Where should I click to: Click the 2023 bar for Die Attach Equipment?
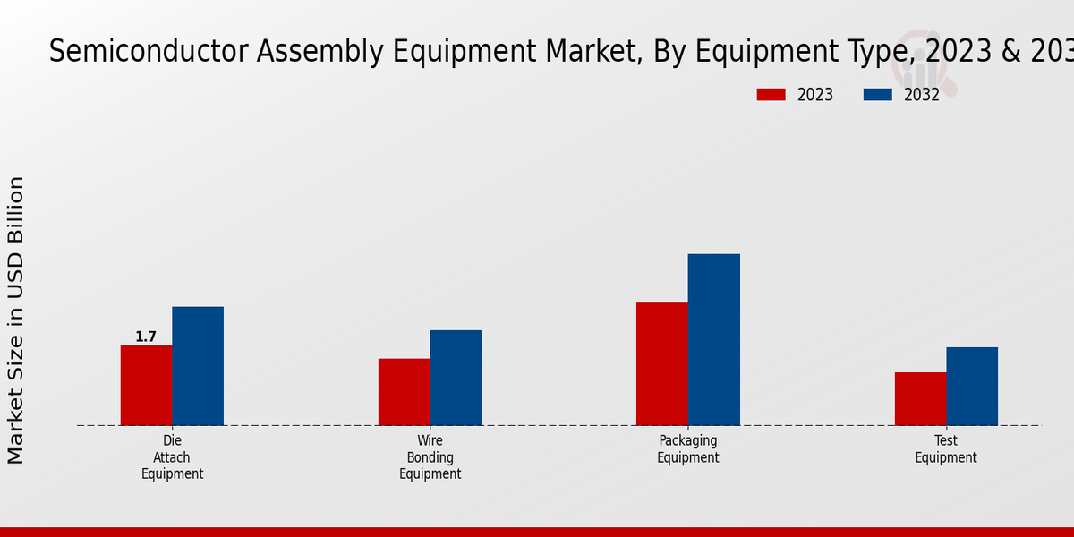click(x=146, y=385)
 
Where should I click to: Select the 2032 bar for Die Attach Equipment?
click(x=198, y=366)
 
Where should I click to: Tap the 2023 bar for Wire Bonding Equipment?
click(x=404, y=392)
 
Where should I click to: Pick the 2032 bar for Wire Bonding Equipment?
click(x=456, y=378)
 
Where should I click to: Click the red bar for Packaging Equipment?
click(x=662, y=363)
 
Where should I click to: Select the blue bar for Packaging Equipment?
click(x=714, y=340)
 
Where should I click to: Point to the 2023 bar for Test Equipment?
click(x=920, y=399)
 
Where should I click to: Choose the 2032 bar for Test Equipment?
click(x=972, y=387)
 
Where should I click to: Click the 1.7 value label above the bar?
click(x=146, y=337)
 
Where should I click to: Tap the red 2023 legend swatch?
click(x=771, y=95)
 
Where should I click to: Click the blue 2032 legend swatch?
click(x=877, y=95)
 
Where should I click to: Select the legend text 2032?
click(x=922, y=95)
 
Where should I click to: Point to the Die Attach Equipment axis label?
click(x=172, y=457)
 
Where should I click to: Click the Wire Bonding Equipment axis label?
click(x=430, y=457)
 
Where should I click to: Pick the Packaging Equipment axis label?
click(x=688, y=449)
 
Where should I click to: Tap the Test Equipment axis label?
click(x=946, y=449)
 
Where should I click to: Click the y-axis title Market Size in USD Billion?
click(x=16, y=320)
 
